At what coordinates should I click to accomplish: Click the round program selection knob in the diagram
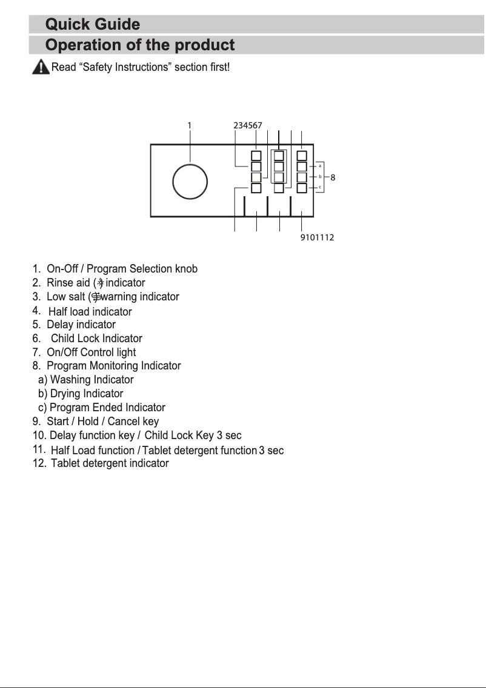pyautogui.click(x=190, y=182)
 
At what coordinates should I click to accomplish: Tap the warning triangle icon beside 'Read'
pyautogui.click(x=40, y=67)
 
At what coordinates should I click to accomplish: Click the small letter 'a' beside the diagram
pyautogui.click(x=320, y=165)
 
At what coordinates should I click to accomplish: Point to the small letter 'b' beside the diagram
pyautogui.click(x=320, y=176)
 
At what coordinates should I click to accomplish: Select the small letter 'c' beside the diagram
pyautogui.click(x=320, y=187)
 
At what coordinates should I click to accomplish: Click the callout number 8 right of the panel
pyautogui.click(x=333, y=177)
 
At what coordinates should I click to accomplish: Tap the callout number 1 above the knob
pyautogui.click(x=189, y=125)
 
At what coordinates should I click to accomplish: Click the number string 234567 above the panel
pyautogui.click(x=248, y=125)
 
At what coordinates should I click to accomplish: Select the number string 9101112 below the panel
pyautogui.click(x=317, y=237)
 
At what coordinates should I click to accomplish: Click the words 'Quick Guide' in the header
pyautogui.click(x=93, y=25)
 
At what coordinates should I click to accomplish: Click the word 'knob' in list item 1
pyautogui.click(x=186, y=269)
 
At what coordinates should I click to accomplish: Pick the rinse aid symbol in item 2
pyautogui.click(x=101, y=283)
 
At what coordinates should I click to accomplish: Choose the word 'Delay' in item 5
pyautogui.click(x=60, y=325)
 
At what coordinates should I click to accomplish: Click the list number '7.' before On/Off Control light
pyautogui.click(x=37, y=352)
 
